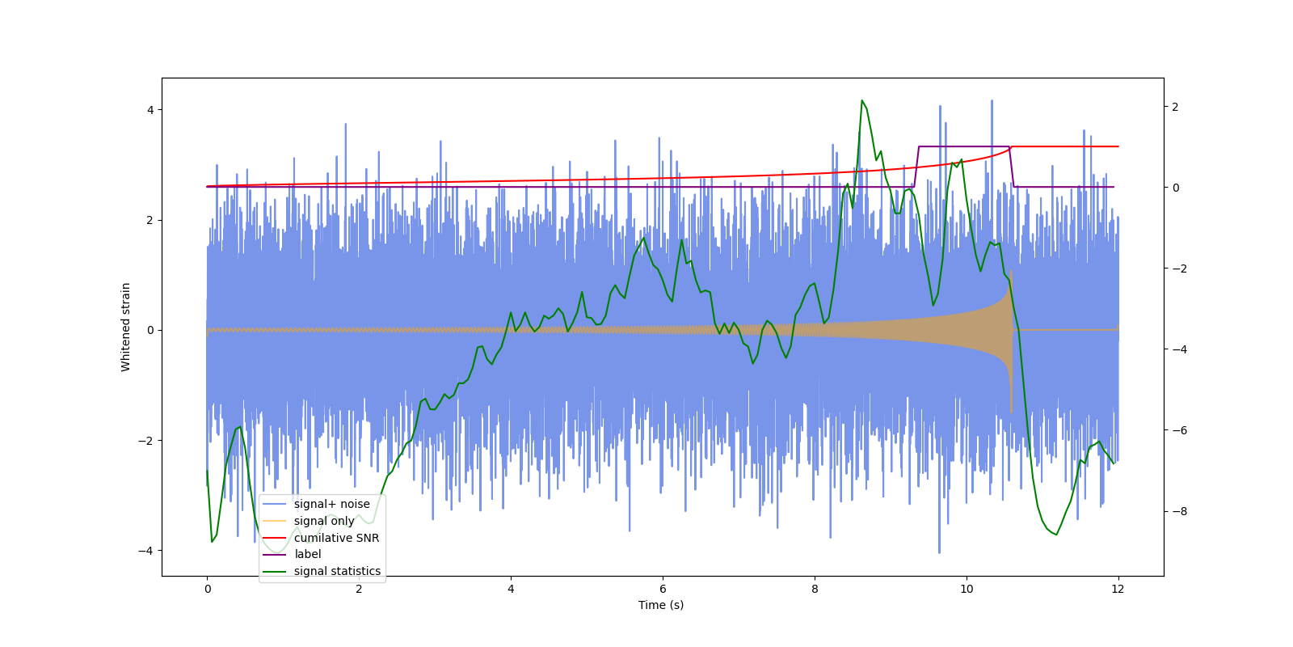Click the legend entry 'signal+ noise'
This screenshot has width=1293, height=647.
coord(331,504)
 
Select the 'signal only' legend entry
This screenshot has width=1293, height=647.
coord(324,521)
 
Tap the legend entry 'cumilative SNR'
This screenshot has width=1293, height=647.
coord(336,538)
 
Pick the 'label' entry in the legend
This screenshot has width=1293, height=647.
coord(307,554)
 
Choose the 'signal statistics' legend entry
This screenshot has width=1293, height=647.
coord(337,571)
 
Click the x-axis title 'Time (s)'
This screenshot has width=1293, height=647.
coord(661,605)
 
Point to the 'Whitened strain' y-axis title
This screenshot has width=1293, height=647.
coord(126,327)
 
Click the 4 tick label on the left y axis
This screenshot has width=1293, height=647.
coord(150,110)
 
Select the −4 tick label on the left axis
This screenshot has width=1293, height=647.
coord(145,551)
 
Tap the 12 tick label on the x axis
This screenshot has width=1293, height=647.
coord(1118,589)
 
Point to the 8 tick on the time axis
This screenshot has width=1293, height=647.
coord(815,589)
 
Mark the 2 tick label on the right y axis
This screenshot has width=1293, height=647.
coord(1176,107)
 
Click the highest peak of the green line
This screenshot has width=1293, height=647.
coord(862,100)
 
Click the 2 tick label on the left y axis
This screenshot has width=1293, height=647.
coord(150,220)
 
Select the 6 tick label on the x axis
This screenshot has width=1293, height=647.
coord(663,589)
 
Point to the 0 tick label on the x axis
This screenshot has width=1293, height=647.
coord(208,589)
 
